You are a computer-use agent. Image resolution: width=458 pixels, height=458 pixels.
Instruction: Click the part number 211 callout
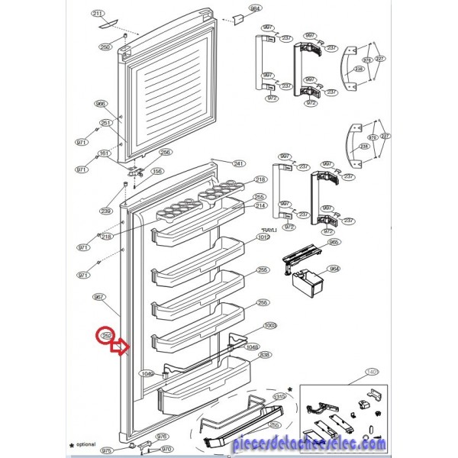click(97, 15)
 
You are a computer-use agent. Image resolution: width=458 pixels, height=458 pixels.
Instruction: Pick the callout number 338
click(265, 355)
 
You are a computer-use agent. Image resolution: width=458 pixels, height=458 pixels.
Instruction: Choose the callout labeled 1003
click(269, 326)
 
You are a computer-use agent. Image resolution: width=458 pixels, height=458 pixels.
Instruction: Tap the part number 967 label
click(98, 297)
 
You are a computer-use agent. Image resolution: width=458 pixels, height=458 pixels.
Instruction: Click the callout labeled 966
click(100, 104)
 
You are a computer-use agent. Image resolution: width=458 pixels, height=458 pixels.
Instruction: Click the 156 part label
click(156, 171)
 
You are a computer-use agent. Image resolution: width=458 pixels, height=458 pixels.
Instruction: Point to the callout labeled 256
click(165, 152)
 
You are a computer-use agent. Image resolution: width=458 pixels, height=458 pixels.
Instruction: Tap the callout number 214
click(260, 206)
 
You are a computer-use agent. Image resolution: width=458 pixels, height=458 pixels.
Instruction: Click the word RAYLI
click(267, 229)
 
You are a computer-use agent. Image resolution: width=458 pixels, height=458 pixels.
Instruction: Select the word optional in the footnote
click(85, 443)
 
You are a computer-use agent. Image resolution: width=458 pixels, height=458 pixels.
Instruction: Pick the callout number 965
click(334, 242)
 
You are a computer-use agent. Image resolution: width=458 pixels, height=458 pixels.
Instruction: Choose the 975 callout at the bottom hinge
click(107, 451)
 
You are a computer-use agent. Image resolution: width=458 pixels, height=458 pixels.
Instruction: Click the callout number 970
click(166, 449)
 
